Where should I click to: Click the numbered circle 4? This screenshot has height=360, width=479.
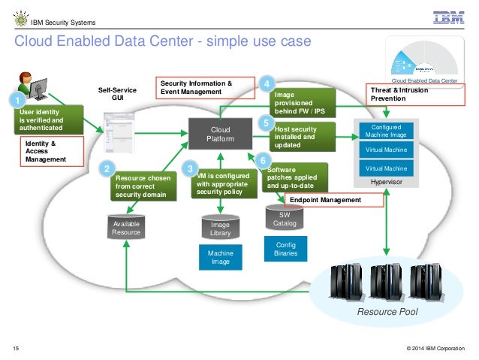pyautogui.click(x=267, y=84)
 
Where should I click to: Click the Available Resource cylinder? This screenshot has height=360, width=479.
pyautogui.click(x=126, y=226)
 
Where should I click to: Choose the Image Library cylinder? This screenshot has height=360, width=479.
pyautogui.click(x=220, y=227)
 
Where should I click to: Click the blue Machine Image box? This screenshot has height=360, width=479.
pyautogui.click(x=220, y=258)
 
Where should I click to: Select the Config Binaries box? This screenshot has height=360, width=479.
pyautogui.click(x=286, y=250)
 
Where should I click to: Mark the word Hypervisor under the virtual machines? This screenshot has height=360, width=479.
pyautogui.click(x=387, y=182)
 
